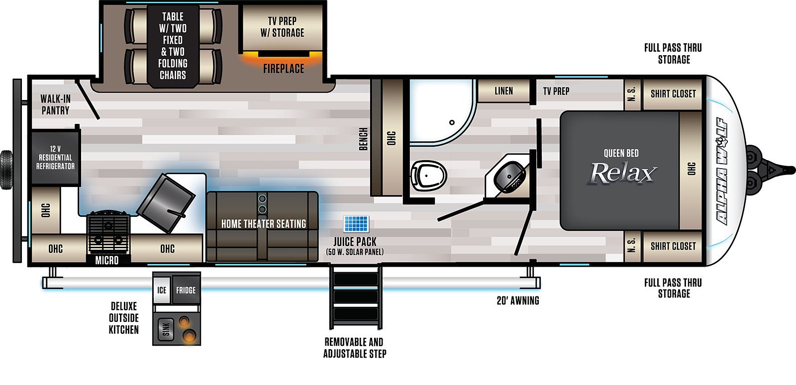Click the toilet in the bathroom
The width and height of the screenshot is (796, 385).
428,176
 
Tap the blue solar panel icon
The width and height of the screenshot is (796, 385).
356,224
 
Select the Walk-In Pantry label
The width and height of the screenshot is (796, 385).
55,105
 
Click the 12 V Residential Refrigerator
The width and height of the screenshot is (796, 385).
55,158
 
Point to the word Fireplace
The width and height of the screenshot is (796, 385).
284,69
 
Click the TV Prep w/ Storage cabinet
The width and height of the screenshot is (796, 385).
283,27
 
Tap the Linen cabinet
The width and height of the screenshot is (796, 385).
504,91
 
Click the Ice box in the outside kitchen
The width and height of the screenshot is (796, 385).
162,290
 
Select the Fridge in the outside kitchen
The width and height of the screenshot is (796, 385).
186,290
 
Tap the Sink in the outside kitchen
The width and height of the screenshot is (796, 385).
166,329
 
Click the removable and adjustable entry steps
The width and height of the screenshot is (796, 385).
356,297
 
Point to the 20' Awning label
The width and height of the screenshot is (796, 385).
518,301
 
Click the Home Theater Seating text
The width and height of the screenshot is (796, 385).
264,224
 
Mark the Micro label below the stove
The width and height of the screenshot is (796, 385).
106,261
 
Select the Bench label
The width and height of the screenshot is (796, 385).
363,139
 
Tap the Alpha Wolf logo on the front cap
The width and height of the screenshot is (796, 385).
722,171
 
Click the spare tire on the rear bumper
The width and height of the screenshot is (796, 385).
6,170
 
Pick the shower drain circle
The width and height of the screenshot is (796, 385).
452,122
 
